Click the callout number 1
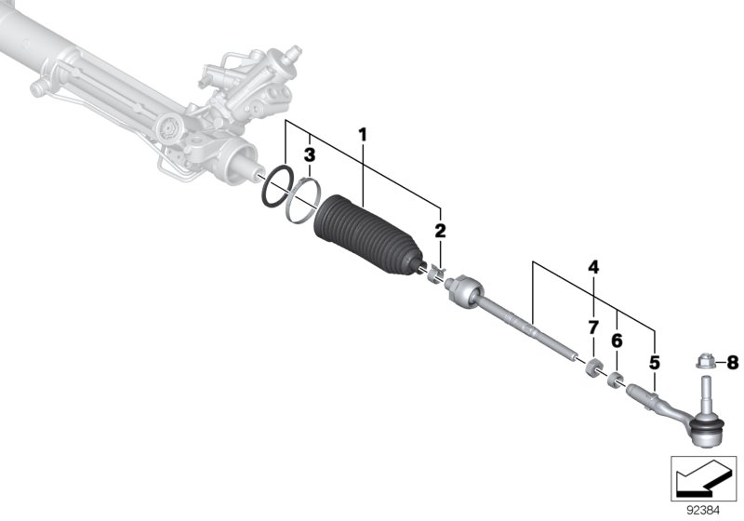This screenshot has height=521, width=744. tap(363, 135)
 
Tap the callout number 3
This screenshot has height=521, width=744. tap(310, 154)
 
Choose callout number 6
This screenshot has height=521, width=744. tap(616, 341)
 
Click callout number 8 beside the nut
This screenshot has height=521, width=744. tap(732, 361)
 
